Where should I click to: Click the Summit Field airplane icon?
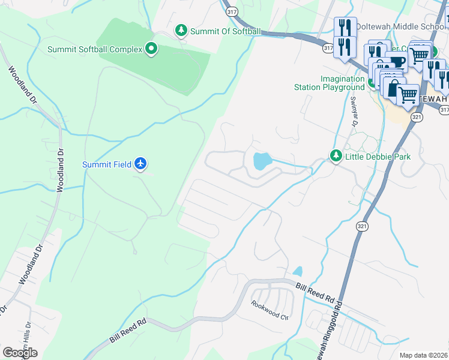tap(140, 164)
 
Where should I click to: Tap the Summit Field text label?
tap(107, 164)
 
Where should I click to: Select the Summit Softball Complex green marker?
tap(151, 49)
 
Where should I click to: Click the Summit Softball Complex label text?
tap(95, 49)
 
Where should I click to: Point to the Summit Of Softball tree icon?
tap(181, 31)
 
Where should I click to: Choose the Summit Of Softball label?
tap(225, 31)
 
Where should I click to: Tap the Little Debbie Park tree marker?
tap(336, 157)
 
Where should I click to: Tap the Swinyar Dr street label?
tap(354, 112)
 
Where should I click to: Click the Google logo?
tap(20, 353)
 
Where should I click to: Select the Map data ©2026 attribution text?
tap(423, 355)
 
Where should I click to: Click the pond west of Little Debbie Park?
tap(262, 161)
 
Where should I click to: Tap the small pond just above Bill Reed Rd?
tap(298, 271)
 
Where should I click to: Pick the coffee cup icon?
tap(397, 62)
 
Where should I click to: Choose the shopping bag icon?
tap(393, 88)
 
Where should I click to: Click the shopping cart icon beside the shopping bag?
tap(408, 94)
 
